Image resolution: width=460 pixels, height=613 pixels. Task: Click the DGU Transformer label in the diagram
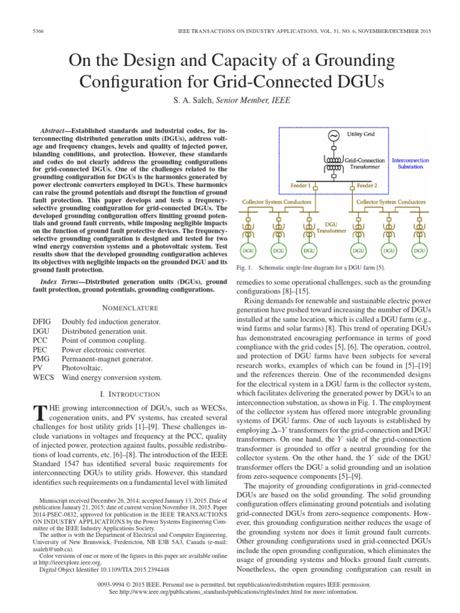[x=331, y=227]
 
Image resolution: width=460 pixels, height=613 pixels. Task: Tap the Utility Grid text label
[x=361, y=135]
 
